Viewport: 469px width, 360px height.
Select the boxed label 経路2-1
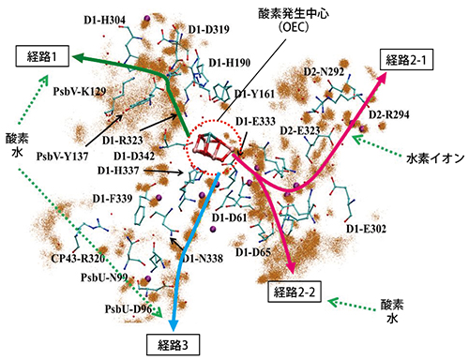(x=415, y=58)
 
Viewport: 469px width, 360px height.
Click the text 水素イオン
(x=434, y=158)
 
